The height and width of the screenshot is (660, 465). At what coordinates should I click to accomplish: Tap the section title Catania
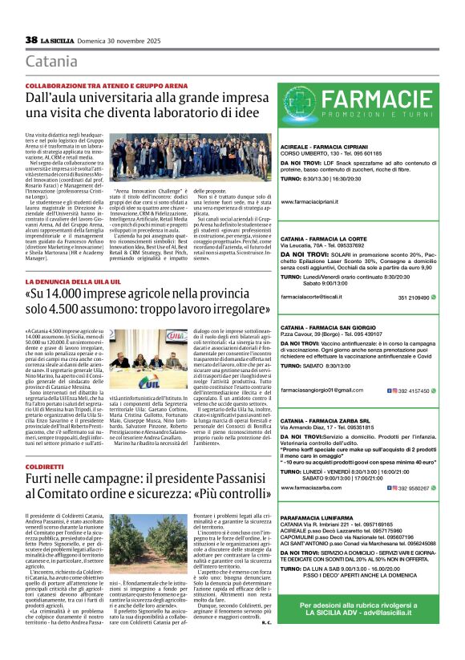pyautogui.click(x=51, y=61)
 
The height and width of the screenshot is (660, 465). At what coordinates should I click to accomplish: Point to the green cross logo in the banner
pyautogui.click(x=304, y=103)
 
